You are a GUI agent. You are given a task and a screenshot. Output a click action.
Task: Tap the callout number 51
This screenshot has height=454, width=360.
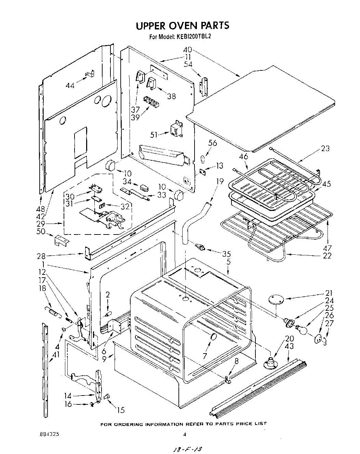[x=154, y=135]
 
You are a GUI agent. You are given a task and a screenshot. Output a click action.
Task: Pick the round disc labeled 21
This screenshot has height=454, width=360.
[x=276, y=299]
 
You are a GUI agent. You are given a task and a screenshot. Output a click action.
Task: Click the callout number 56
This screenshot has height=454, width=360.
[x=212, y=143]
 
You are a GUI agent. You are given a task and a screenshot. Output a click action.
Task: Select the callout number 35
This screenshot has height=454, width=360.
[x=226, y=254]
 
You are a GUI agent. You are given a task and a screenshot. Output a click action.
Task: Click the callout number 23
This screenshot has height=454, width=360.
[x=325, y=148]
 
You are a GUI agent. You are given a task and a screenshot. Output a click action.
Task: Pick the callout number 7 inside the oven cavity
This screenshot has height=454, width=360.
[x=204, y=356]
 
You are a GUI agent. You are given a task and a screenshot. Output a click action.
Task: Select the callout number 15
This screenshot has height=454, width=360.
[x=120, y=410]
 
